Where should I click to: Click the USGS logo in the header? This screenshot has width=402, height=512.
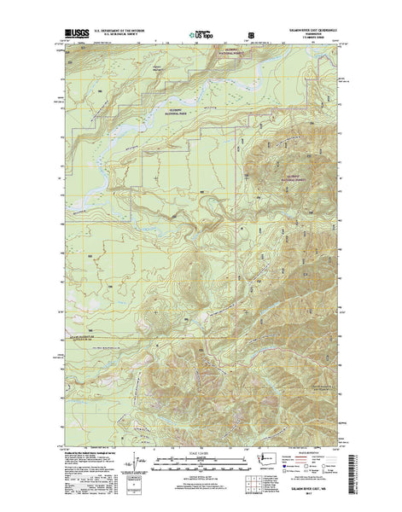click(x=75, y=37)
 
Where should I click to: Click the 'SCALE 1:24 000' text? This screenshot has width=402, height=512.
click(x=201, y=448)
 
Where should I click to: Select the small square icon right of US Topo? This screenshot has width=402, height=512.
click(x=251, y=36)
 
